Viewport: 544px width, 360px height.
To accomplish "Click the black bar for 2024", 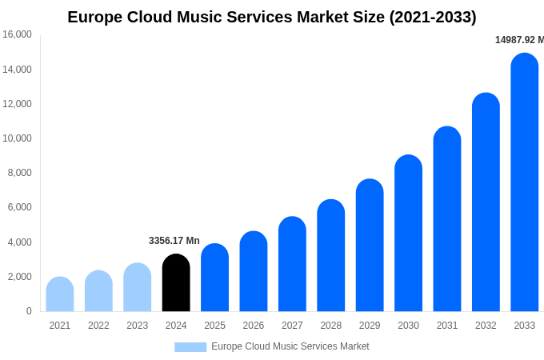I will point(176,283).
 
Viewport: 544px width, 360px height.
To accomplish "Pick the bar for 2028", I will point(331,256).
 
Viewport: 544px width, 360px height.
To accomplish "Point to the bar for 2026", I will point(254,272).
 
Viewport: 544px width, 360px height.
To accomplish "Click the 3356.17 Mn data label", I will point(174,241).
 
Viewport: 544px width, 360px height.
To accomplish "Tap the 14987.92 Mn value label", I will point(519,40).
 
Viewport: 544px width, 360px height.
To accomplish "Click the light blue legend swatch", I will point(190,347).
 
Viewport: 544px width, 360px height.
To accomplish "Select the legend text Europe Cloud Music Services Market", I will point(290,346).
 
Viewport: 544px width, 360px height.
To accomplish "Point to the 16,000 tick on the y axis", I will point(17,34).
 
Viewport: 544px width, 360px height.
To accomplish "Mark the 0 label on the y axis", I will point(29,311).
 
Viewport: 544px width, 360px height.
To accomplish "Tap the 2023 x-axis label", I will point(138,326).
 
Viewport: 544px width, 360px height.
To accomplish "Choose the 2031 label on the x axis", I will point(447,326).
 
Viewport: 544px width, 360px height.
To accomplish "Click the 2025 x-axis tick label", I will point(214,326).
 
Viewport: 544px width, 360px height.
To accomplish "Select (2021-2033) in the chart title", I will point(433,17).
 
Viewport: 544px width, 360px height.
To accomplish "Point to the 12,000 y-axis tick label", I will point(17,104).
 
